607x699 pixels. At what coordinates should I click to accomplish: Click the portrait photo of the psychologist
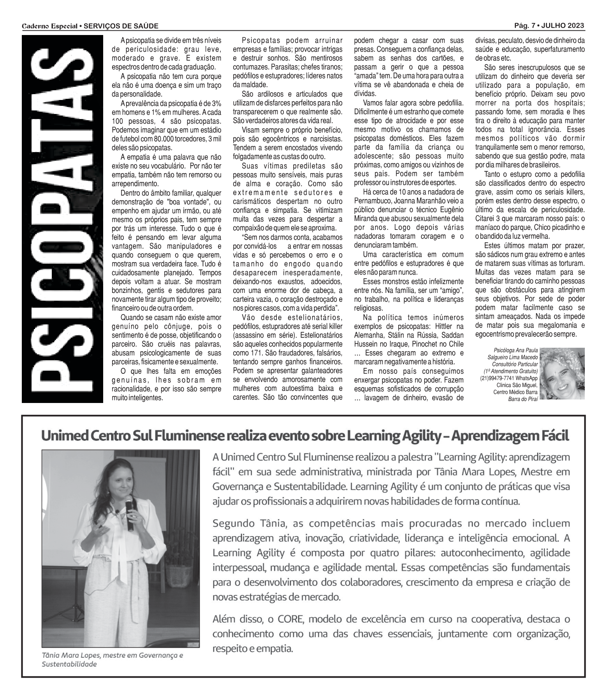(x=562, y=373)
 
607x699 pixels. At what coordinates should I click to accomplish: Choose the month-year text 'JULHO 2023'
(x=563, y=26)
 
